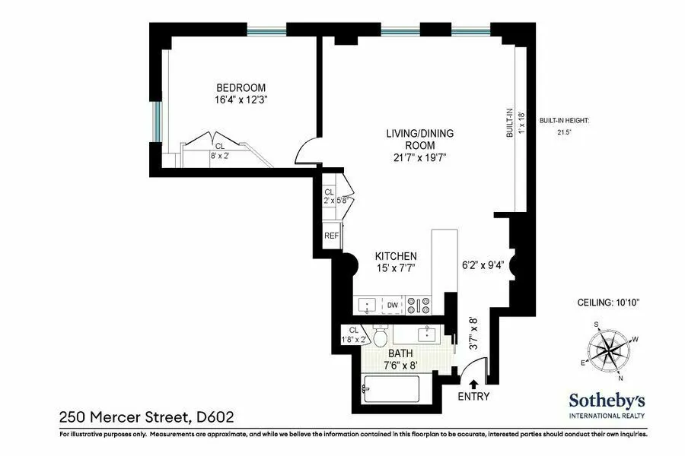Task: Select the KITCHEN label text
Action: (x=396, y=256)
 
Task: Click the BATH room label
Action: (x=400, y=353)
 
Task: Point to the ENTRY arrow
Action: (x=473, y=385)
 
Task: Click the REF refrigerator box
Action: (x=331, y=236)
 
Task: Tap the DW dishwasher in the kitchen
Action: (x=393, y=306)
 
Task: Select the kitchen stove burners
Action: (x=419, y=306)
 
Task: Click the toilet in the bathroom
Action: (x=381, y=335)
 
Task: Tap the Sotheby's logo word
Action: (x=607, y=401)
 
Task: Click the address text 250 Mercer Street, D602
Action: (x=146, y=416)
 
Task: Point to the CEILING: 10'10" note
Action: (x=608, y=302)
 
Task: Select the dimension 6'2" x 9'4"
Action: (x=483, y=265)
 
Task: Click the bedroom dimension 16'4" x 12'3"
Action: (x=242, y=100)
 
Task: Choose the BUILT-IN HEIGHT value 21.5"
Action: (x=564, y=132)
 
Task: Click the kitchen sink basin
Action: (x=368, y=306)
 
